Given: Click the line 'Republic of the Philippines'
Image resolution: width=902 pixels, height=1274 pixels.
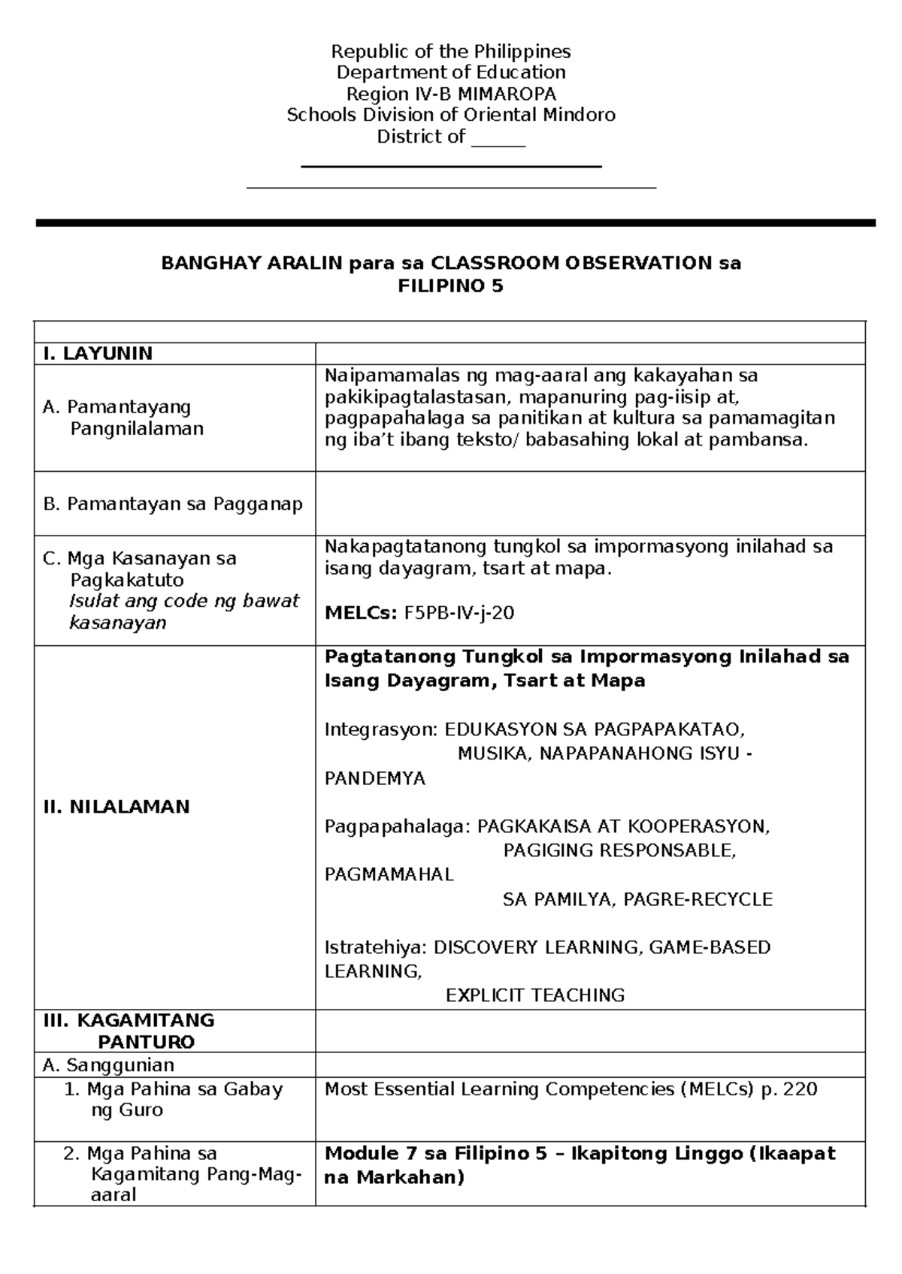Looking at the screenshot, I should click(451, 51).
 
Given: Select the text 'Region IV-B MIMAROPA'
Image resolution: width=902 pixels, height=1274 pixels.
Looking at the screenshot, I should click(451, 94).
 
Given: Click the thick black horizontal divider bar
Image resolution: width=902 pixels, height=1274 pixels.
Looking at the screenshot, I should click(456, 222).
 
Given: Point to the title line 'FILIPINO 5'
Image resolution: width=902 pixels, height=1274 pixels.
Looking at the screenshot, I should click(450, 286).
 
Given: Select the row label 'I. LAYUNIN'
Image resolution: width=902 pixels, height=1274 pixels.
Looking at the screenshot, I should click(98, 354).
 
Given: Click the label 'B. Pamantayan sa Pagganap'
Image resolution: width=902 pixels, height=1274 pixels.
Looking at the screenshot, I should click(173, 504).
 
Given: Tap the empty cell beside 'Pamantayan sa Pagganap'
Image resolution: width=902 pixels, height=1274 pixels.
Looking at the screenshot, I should click(590, 503).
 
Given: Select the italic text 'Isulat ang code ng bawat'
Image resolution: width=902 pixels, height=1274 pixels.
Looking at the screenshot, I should click(184, 601).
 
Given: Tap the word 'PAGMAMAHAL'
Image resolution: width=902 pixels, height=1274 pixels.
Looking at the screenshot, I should click(389, 874).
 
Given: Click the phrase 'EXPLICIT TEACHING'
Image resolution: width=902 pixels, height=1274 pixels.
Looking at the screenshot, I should click(535, 995).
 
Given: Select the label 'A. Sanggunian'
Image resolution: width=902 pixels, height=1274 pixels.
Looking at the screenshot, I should click(109, 1065).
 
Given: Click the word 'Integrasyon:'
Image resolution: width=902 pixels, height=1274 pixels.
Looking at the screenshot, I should click(380, 729).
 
